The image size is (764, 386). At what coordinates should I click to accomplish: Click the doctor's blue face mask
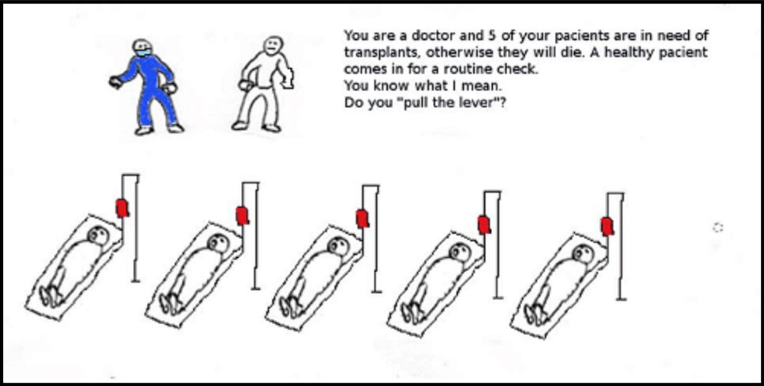[x=143, y=52]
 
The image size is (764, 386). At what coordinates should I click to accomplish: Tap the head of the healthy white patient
[x=273, y=46]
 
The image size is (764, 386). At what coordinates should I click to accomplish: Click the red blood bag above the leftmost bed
[x=122, y=208]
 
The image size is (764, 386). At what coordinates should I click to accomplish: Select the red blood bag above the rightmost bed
[x=607, y=227]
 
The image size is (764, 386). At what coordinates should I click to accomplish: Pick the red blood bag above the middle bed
[x=362, y=219]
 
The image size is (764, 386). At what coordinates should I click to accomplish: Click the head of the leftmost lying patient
[x=99, y=235]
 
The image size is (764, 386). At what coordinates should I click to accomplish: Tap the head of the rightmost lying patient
[x=583, y=254]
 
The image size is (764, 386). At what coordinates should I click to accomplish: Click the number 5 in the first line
[x=491, y=36]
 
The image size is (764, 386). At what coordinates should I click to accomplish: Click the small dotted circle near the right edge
[x=718, y=227]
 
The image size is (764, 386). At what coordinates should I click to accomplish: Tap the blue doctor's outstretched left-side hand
[x=115, y=82]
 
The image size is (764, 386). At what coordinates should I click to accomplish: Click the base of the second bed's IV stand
[x=256, y=289]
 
